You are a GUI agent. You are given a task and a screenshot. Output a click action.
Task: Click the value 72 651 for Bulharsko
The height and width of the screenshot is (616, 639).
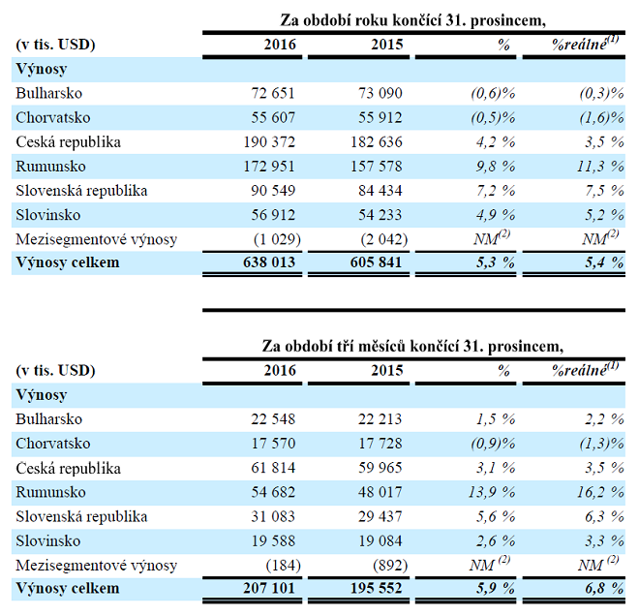[267, 94]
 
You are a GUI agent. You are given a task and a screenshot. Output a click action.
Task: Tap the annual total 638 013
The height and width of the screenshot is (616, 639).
[263, 263]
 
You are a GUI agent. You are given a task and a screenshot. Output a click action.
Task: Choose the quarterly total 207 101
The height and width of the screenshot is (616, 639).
[263, 589]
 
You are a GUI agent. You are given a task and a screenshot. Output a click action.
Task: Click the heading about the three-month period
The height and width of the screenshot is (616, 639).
[412, 346]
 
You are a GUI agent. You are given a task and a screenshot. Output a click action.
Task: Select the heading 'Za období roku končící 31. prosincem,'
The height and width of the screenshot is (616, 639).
[418, 20]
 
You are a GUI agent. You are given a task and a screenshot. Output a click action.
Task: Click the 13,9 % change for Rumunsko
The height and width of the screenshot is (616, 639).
[488, 492]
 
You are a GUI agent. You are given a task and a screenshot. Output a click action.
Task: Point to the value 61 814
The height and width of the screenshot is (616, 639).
[267, 468]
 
